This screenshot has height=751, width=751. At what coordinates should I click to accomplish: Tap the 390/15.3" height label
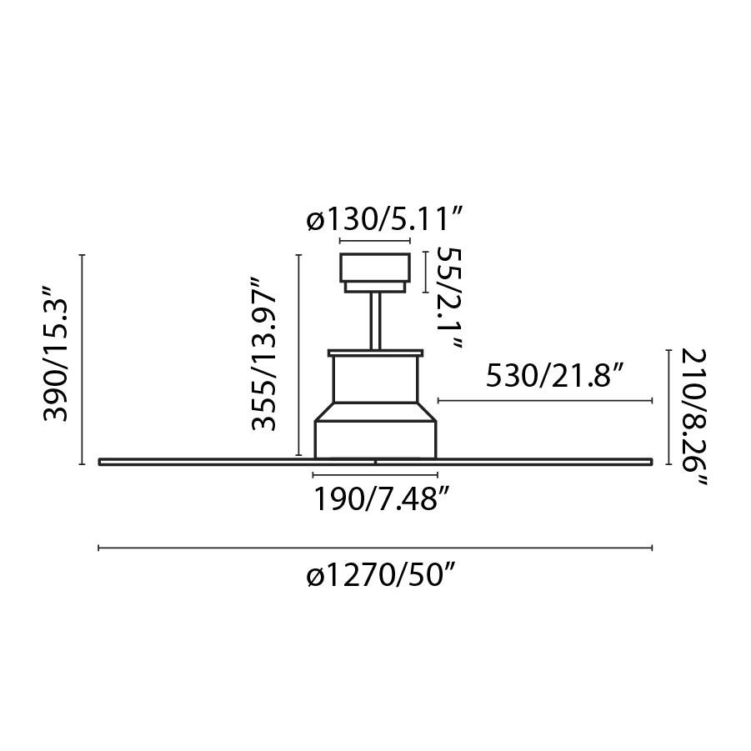tap(57, 354)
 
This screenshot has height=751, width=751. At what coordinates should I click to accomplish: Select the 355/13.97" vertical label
tap(264, 354)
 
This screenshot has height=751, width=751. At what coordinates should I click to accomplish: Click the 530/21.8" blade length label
tap(556, 375)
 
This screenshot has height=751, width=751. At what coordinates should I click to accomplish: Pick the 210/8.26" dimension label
tap(694, 417)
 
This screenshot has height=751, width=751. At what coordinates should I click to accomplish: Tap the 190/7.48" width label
tap(383, 499)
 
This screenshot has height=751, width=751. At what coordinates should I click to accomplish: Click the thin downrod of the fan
tap(375, 321)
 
